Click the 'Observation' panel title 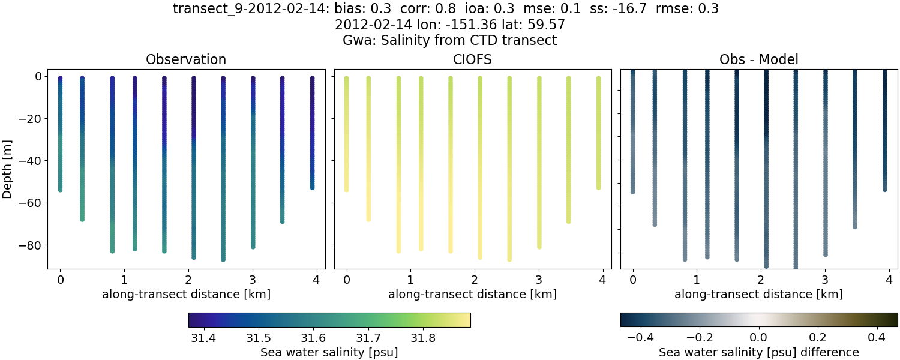tap(186, 60)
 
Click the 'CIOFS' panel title tap(472, 60)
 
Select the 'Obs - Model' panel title tap(758, 60)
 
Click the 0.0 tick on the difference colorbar tap(759, 338)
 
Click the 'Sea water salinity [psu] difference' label tap(759, 352)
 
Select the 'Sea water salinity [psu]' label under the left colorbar tap(329, 352)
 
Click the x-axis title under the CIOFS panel tap(472, 295)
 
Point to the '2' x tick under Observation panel tap(188, 279)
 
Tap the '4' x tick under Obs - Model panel tap(889, 279)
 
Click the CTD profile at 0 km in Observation tap(60, 132)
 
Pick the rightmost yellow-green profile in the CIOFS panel tap(599, 132)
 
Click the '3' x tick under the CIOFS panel tap(539, 279)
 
